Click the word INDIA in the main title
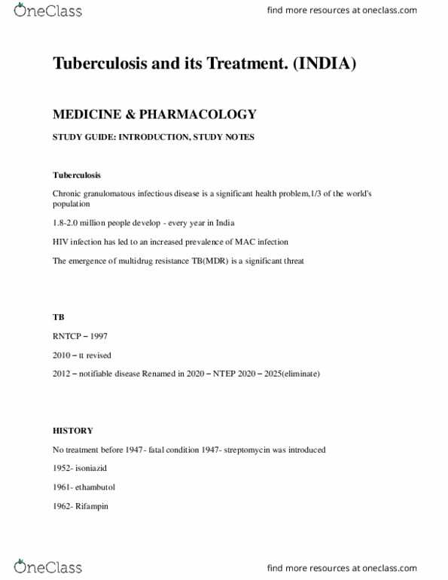click(x=325, y=64)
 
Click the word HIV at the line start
click(x=60, y=242)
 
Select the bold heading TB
click(x=58, y=317)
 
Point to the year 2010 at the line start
click(x=62, y=355)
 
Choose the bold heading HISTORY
click(x=73, y=430)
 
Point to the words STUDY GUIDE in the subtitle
click(x=80, y=136)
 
